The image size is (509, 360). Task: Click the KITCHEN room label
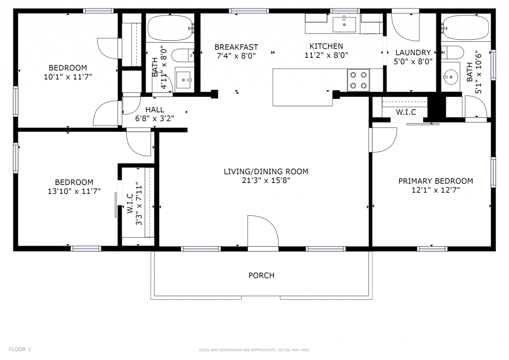pos(326,46)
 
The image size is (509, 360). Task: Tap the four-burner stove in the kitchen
pos(358,80)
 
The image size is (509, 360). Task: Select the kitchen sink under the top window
pos(344,24)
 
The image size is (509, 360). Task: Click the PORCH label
pos(261,275)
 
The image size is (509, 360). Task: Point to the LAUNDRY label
pos(413,52)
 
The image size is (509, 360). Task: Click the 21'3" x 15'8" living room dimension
pos(266,180)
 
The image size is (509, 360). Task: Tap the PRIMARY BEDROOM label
pos(435,181)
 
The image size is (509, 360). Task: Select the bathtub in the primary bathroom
pos(465,27)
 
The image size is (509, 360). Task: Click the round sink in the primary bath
pos(450,77)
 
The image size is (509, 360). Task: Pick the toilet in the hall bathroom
pos(182,56)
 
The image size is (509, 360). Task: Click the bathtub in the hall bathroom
pos(170,28)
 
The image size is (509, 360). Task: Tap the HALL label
pos(155,110)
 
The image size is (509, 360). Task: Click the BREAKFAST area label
pos(236,47)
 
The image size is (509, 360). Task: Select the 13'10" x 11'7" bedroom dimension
pos(74,191)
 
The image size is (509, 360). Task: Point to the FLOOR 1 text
pos(19,349)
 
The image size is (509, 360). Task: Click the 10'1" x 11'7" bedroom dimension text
pos(68,77)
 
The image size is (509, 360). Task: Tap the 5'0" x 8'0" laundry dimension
pos(413,61)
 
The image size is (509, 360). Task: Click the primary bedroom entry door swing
pos(383,140)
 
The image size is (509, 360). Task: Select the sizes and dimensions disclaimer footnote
pos(254,350)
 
